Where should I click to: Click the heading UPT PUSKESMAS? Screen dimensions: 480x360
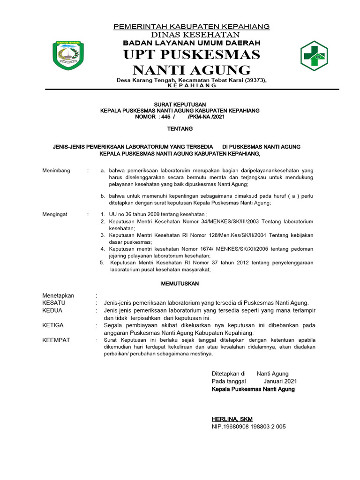pyautogui.click(x=191, y=54)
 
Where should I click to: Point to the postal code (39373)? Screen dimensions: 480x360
pyautogui.click(x=254, y=80)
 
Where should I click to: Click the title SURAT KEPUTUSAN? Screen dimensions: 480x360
pyautogui.click(x=180, y=104)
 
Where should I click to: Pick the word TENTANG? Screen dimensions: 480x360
pyautogui.click(x=180, y=128)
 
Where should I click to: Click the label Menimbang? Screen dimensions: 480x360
pyautogui.click(x=56, y=170)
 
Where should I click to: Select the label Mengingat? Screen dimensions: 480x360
pyautogui.click(x=55, y=214)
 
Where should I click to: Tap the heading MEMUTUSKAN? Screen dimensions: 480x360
pyautogui.click(x=180, y=284)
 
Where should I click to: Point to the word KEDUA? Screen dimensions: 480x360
pyautogui.click(x=52, y=310)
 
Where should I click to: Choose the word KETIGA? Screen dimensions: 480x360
pyautogui.click(x=52, y=325)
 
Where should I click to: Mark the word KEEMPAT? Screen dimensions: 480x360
pyautogui.click(x=56, y=340)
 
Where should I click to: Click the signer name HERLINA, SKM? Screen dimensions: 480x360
pyautogui.click(x=232, y=419)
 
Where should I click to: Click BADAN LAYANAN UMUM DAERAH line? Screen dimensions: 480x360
pyautogui.click(x=191, y=43)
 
